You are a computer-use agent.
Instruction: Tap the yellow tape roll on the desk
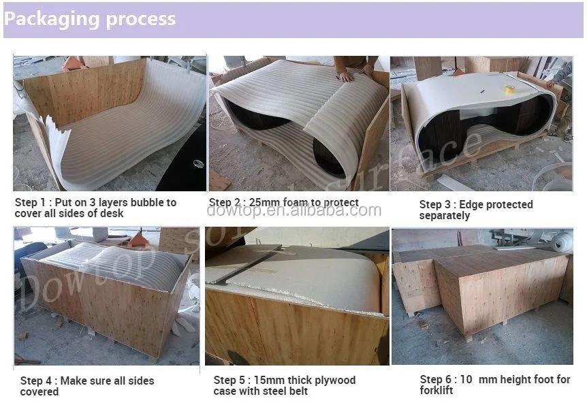pos(509,89)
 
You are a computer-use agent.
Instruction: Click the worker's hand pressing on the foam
pos(345,76)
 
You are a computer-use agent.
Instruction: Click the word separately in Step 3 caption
pos(445,216)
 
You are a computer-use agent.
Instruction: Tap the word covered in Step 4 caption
pos(39,392)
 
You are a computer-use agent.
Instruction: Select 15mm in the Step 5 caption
pos(269,380)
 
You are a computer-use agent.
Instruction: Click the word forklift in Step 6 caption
pos(436,391)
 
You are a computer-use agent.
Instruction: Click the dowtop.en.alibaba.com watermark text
pos(294,210)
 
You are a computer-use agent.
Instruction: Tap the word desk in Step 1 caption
pos(111,213)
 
